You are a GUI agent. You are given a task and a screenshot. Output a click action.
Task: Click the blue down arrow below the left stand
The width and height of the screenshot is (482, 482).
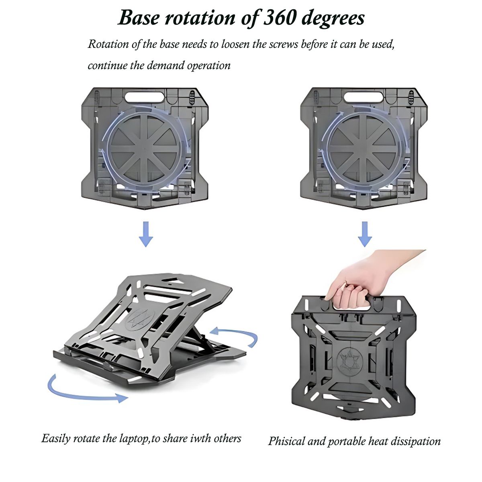tap(146, 234)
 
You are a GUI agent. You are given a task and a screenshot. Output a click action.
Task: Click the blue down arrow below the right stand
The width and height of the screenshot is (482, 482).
tap(365, 234)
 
